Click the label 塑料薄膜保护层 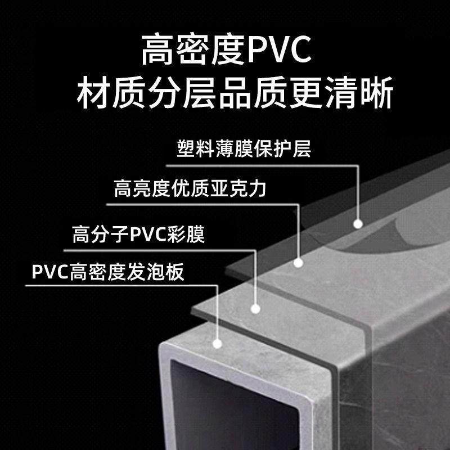pyautogui.click(x=244, y=150)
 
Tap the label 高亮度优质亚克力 pyautogui.click(x=190, y=189)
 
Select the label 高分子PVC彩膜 pyautogui.click(x=138, y=233)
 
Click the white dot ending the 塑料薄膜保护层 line pyautogui.click(x=357, y=224)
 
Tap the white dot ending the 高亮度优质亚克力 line pyautogui.click(x=299, y=262)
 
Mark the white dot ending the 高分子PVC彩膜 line pyautogui.click(x=255, y=308)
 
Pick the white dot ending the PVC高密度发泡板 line pyautogui.click(x=217, y=341)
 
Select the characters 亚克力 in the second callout pyautogui.click(x=241, y=189)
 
